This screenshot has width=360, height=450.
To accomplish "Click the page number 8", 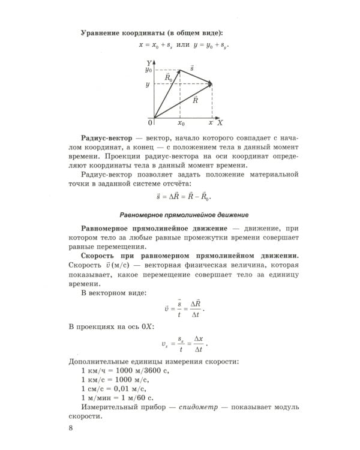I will coord(71,428).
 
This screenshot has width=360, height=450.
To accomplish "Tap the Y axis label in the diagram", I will coord(148,62).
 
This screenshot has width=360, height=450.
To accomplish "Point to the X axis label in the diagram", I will coord(220,122).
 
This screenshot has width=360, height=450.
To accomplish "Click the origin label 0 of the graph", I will coord(150,122).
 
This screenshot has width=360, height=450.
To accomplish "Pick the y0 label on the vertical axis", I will coord(148,70).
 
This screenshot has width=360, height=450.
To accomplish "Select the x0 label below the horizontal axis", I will coord(181,123).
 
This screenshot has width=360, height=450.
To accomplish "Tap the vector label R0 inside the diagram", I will coord(169,78).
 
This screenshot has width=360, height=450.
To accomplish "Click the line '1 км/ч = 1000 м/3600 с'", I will coord(125,371).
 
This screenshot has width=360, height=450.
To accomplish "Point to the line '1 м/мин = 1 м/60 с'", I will coord(118,398).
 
